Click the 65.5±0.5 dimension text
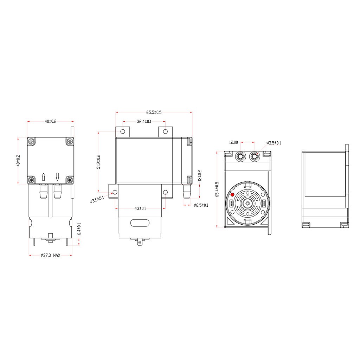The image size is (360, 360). pyautogui.click(x=154, y=112)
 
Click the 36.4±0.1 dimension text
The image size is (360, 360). pyautogui.click(x=144, y=122)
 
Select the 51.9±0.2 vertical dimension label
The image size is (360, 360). pyautogui.click(x=98, y=162)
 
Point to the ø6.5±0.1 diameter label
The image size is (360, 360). pyautogui.click(x=201, y=205)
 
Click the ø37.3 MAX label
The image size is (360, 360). pyautogui.click(x=50, y=255)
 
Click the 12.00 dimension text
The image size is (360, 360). pyautogui.click(x=233, y=143)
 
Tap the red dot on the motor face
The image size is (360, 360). pyautogui.click(x=232, y=195)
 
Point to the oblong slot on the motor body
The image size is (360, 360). pyautogui.click(x=140, y=223)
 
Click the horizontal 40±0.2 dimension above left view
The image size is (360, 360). pyautogui.click(x=50, y=121)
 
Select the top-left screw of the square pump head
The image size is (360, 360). pyautogui.click(x=32, y=141)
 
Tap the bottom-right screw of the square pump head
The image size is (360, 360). pyautogui.click(x=69, y=180)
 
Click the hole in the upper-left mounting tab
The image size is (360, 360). pyautogui.click(x=123, y=132)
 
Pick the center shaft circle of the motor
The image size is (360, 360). pyautogui.click(x=247, y=203)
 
